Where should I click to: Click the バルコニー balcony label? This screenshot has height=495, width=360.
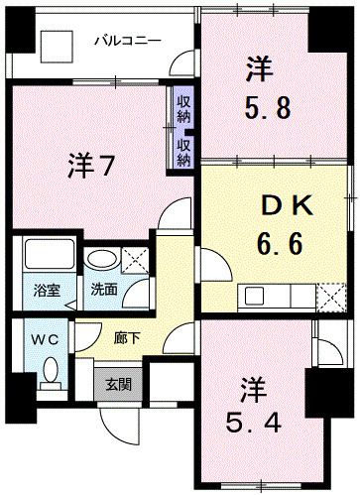click(x=127, y=41)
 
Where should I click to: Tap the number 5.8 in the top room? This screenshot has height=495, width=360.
click(x=268, y=105)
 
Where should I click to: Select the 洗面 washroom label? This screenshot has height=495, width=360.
click(x=104, y=292)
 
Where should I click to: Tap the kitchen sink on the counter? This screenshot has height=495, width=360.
click(x=255, y=295)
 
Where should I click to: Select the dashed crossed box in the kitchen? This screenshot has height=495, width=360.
click(x=333, y=295)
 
